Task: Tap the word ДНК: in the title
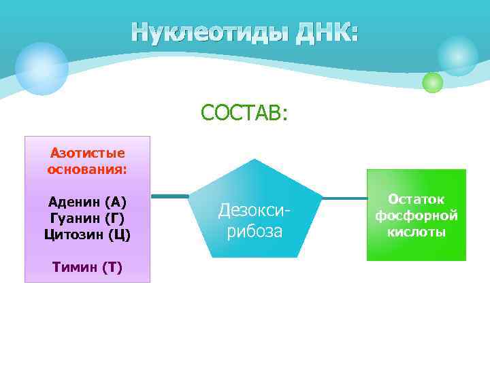tap(327, 32)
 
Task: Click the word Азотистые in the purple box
tap(87, 153)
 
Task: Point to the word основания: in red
tap(87, 168)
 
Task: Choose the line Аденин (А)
tap(87, 202)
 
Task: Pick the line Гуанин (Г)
tap(87, 218)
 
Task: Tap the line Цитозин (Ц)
tap(87, 234)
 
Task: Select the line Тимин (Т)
tap(87, 267)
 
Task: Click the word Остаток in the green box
tap(416, 199)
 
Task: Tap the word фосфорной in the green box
tap(416, 215)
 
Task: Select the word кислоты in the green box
tap(416, 232)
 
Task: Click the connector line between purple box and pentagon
tap(169, 196)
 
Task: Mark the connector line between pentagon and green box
tap(344, 198)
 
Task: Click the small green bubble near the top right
tap(432, 82)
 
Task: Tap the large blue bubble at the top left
tap(42, 68)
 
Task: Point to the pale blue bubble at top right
tap(457, 56)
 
